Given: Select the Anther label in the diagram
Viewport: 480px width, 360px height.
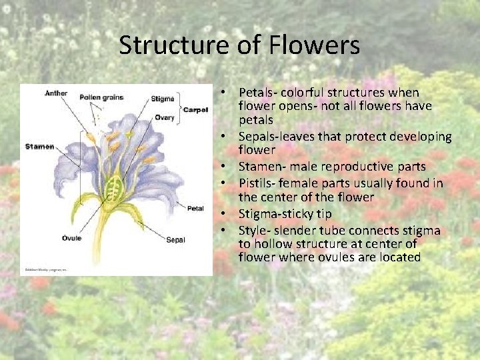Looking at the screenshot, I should click(x=56, y=93).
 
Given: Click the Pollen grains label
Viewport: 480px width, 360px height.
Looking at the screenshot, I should click(x=101, y=97).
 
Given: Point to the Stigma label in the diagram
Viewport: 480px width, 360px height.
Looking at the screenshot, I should click(x=163, y=99).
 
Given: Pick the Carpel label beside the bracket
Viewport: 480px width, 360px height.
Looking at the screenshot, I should click(x=195, y=109).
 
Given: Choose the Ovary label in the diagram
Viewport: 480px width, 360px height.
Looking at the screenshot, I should click(x=164, y=118).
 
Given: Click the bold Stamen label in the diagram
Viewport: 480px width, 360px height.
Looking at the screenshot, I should click(x=39, y=146).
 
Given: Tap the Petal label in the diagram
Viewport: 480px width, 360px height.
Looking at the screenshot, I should click(x=195, y=208).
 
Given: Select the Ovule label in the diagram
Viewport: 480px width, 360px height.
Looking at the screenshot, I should click(x=71, y=237).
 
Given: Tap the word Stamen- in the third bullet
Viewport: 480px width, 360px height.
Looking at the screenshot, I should click(x=261, y=167).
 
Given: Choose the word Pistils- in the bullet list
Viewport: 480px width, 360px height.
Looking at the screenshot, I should click(x=258, y=182).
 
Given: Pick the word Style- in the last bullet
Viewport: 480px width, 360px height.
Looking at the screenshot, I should click(x=254, y=231).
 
